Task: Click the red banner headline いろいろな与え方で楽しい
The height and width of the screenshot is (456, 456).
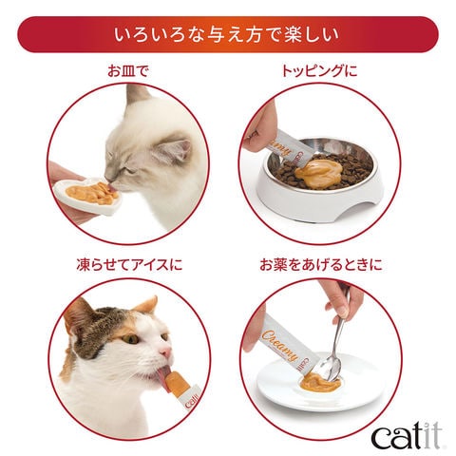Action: tap(226, 34)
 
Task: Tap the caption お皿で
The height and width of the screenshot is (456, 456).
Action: tap(128, 71)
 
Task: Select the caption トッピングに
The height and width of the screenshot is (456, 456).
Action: tap(319, 71)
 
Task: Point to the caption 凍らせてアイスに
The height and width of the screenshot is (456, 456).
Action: tap(129, 265)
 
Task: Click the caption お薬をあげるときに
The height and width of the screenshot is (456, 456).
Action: tap(321, 265)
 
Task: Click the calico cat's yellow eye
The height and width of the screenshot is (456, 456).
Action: tap(130, 339)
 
